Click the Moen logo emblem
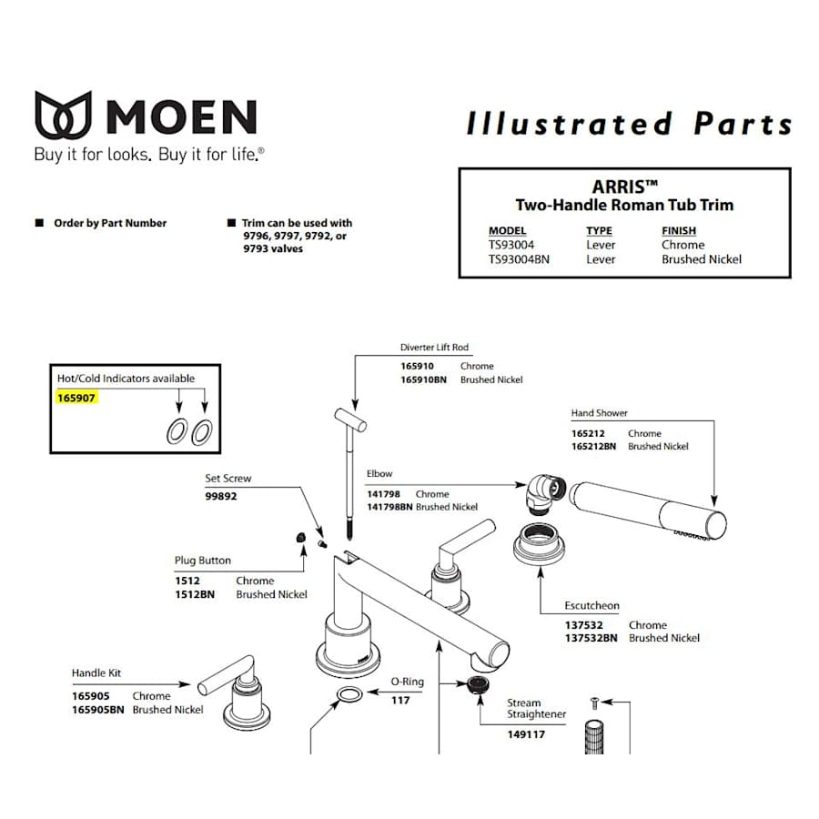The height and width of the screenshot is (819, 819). click(x=63, y=115)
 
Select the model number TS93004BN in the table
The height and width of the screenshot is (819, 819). click(x=519, y=259)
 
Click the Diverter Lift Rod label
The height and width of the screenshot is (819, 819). click(x=434, y=348)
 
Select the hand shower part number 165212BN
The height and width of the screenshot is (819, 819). click(x=593, y=447)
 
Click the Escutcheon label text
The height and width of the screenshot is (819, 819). click(x=592, y=606)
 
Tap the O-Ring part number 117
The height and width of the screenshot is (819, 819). click(x=400, y=700)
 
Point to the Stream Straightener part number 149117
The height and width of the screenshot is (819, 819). click(x=526, y=734)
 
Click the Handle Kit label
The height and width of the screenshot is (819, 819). click(x=96, y=673)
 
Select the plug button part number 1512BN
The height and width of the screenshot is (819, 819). click(x=195, y=594)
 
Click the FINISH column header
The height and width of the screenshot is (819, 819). click(x=679, y=231)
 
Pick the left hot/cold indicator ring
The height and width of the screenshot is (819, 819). click(x=177, y=433)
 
